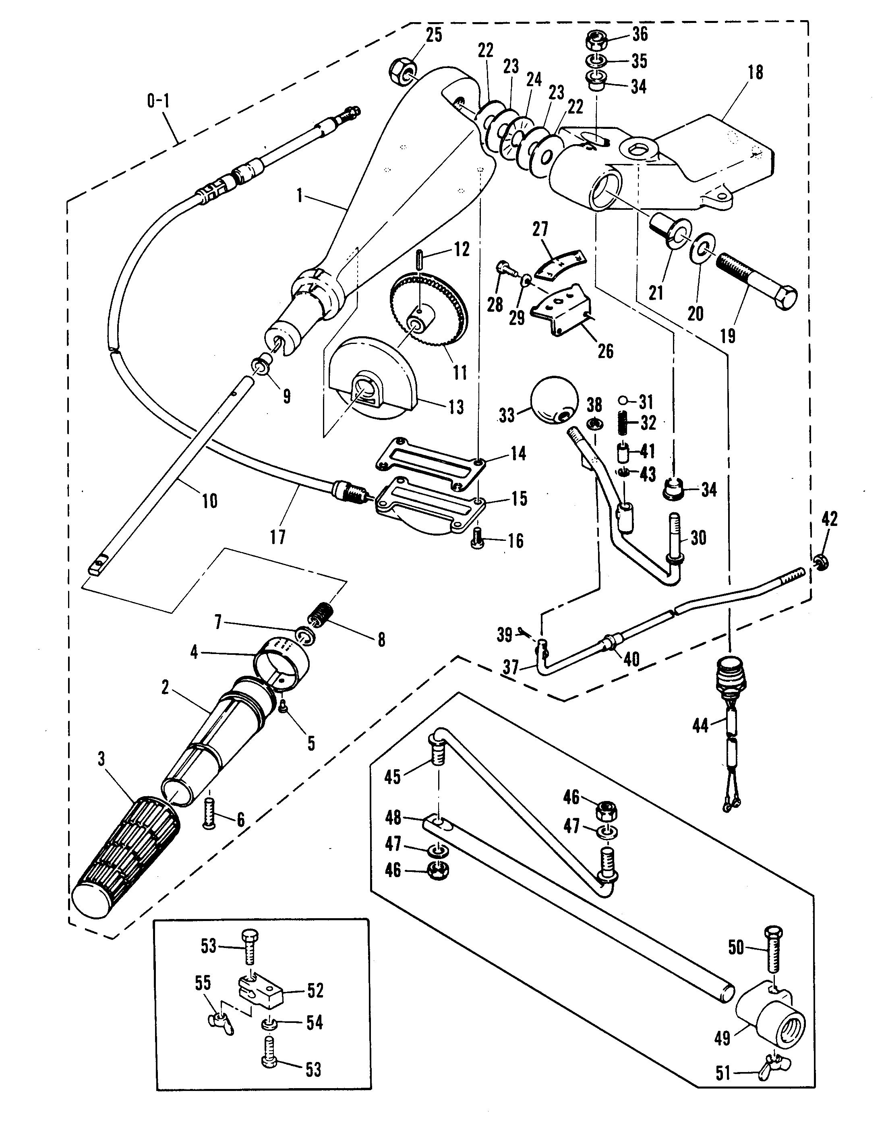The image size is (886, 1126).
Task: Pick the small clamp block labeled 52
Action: click(261, 991)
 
